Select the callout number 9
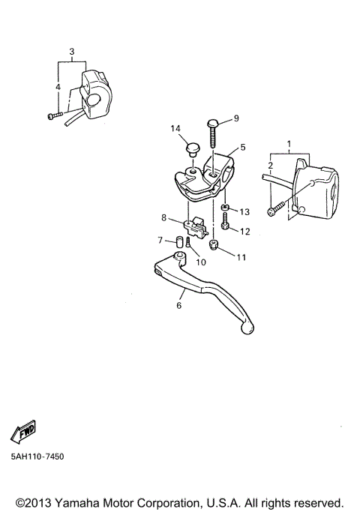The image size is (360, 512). [x=235, y=118]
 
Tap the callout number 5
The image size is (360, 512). [x=243, y=148]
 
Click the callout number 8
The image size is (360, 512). [x=163, y=218]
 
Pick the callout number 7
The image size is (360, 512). [x=160, y=240]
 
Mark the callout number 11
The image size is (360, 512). [x=240, y=257]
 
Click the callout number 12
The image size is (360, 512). [x=244, y=232]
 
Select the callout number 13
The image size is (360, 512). [x=244, y=212]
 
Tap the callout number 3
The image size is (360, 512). [x=71, y=52]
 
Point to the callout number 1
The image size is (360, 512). [x=287, y=142]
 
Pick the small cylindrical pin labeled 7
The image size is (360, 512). [x=180, y=241]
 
